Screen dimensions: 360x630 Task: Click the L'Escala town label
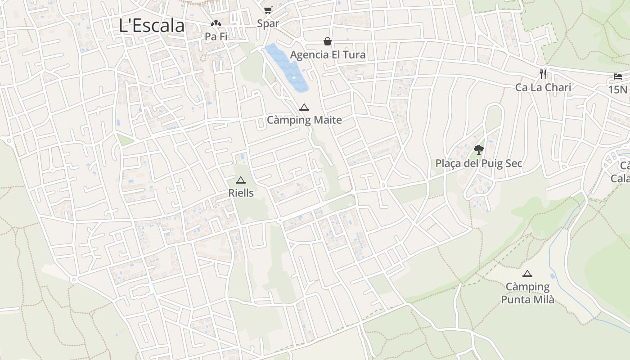[x=152, y=26]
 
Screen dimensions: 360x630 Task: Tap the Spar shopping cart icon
[x=268, y=10]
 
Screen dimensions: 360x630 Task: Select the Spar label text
[x=268, y=23]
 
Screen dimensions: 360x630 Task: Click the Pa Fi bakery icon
[x=216, y=23]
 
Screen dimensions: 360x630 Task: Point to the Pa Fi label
[x=216, y=36]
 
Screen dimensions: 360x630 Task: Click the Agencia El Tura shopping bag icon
[x=328, y=41]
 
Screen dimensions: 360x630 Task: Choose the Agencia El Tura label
[x=328, y=55]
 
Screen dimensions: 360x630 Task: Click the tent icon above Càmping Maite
[x=304, y=107]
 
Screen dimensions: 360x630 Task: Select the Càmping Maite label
[x=304, y=120]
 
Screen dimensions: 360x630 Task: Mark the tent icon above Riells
[x=241, y=180]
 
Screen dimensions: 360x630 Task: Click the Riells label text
[x=241, y=193]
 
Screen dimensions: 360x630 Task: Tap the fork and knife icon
[x=543, y=74]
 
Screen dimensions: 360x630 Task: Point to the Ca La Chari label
[x=543, y=87]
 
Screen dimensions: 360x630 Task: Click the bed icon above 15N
[x=617, y=76]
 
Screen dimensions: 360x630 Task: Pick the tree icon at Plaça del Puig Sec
[x=479, y=150]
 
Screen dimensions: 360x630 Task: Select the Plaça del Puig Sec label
[x=479, y=163]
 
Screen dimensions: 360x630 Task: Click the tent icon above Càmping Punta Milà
[x=527, y=274]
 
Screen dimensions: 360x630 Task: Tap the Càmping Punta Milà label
[x=527, y=293]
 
